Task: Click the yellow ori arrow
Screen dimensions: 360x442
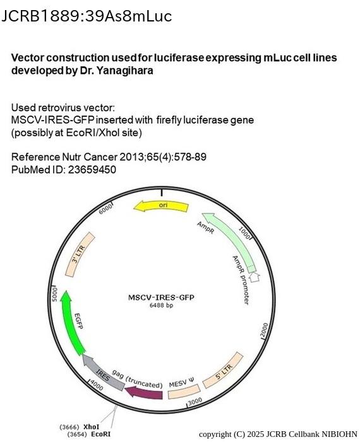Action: (x=161, y=206)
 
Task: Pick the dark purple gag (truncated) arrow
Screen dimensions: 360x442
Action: (x=144, y=393)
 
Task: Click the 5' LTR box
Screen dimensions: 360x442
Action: (x=223, y=370)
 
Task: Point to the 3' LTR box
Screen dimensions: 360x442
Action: (x=80, y=254)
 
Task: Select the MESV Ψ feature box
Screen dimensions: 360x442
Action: (x=184, y=392)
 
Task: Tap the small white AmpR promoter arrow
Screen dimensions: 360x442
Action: (x=255, y=277)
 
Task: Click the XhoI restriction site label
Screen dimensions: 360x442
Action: (x=92, y=427)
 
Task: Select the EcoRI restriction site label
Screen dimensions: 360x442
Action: (x=100, y=434)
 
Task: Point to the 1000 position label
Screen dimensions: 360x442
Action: (x=244, y=233)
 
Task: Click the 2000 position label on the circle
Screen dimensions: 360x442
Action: (x=264, y=330)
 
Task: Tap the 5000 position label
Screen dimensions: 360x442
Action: (x=54, y=293)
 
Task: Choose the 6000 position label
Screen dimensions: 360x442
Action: (x=105, y=209)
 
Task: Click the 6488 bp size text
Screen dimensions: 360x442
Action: (x=161, y=305)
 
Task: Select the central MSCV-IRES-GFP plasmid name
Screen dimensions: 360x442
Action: (x=161, y=297)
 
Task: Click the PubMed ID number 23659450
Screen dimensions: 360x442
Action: (x=92, y=170)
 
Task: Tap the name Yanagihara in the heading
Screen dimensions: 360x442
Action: (x=125, y=71)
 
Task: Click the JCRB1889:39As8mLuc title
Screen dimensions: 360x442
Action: (x=87, y=16)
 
